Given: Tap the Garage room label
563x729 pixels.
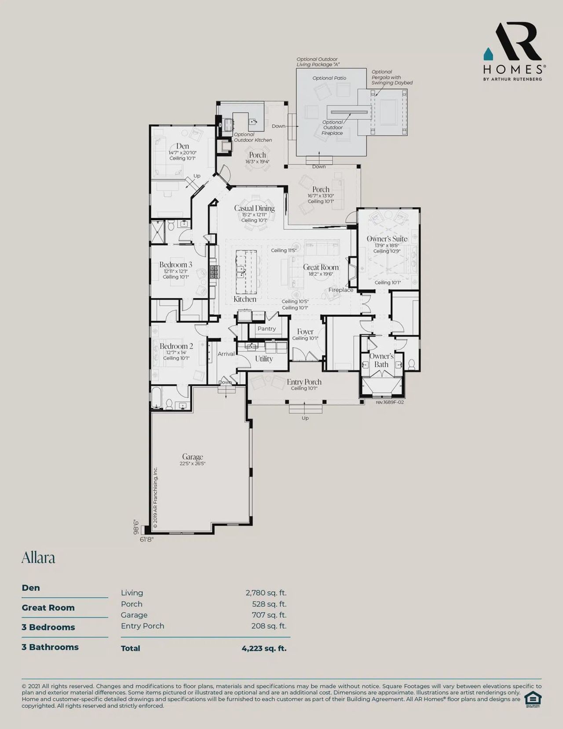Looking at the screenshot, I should click(193, 457).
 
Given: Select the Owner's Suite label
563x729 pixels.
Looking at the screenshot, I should click(387, 239).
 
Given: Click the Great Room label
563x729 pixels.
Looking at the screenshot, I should click(321, 267).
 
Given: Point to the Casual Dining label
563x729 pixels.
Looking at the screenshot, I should click(254, 208).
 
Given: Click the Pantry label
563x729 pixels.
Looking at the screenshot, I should click(267, 328).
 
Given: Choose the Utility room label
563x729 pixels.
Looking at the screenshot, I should click(264, 359).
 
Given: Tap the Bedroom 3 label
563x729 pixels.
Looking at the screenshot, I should click(175, 265).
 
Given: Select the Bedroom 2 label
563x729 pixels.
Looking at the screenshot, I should click(176, 346).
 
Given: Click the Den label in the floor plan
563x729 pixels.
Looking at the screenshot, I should click(183, 146).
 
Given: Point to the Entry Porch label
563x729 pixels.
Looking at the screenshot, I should click(304, 382).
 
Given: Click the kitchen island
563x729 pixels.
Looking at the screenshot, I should click(246, 272).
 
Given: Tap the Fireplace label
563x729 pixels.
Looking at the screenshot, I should click(340, 290).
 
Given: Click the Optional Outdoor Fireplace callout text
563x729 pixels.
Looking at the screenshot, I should click(333, 128).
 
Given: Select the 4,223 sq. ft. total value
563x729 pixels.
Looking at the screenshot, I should click(264, 648).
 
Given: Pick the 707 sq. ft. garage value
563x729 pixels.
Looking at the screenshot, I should click(269, 615).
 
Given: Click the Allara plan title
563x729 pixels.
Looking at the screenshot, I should click(38, 558).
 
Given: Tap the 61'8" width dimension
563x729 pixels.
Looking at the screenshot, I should click(146, 539).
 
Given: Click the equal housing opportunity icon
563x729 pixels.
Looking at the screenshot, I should click(533, 699).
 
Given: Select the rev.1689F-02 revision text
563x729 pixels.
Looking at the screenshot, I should click(390, 402).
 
